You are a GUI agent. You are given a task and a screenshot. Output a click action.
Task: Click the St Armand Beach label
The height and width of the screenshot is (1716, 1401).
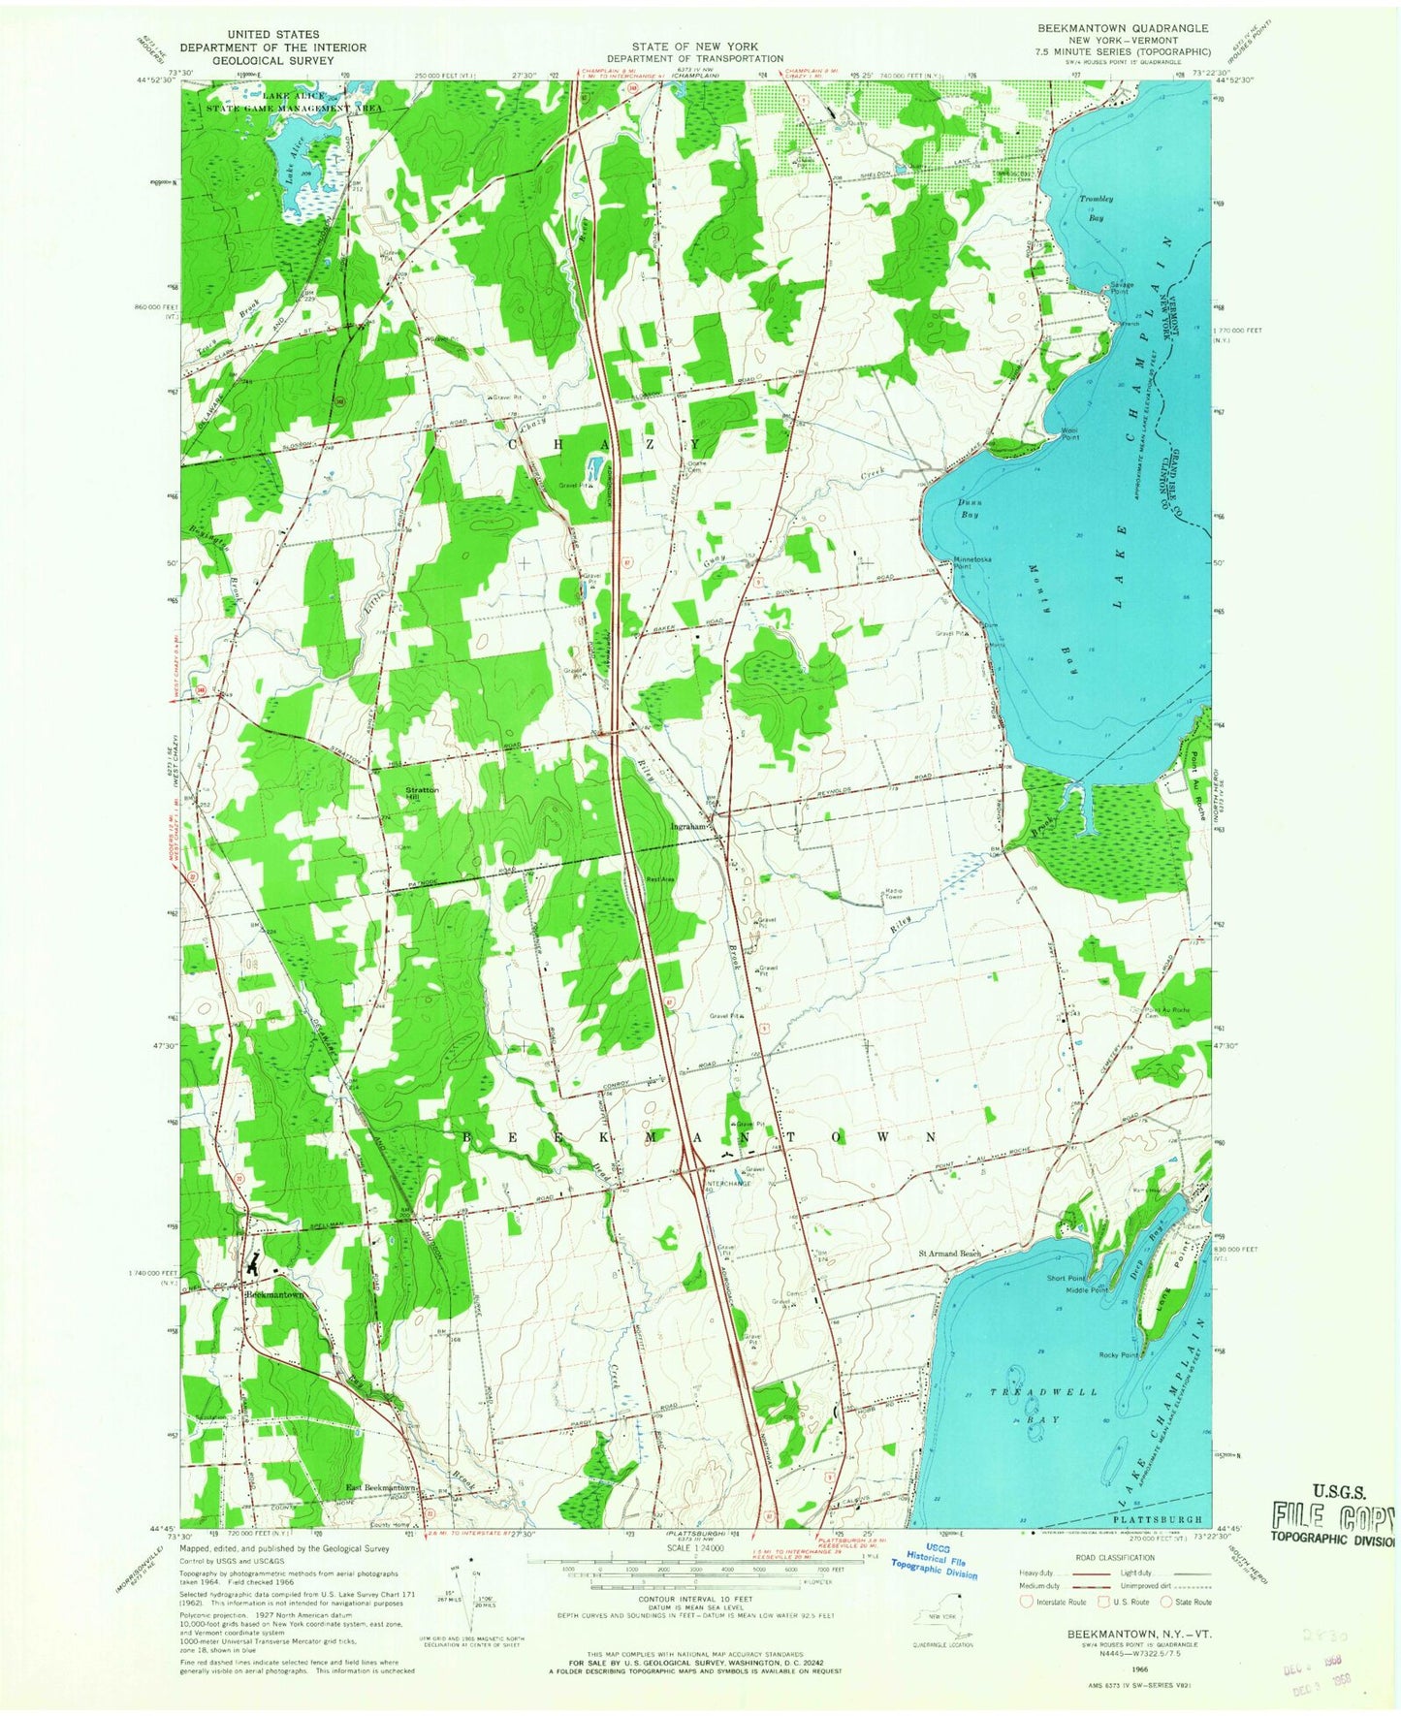click(x=950, y=1254)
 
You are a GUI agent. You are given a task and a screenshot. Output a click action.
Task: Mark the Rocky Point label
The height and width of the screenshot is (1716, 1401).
click(x=1118, y=1354)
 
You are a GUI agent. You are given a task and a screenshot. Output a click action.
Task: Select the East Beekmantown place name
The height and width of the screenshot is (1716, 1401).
click(x=382, y=1488)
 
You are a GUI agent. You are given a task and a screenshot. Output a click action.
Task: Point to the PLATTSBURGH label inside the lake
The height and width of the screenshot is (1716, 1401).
click(x=1160, y=1519)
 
